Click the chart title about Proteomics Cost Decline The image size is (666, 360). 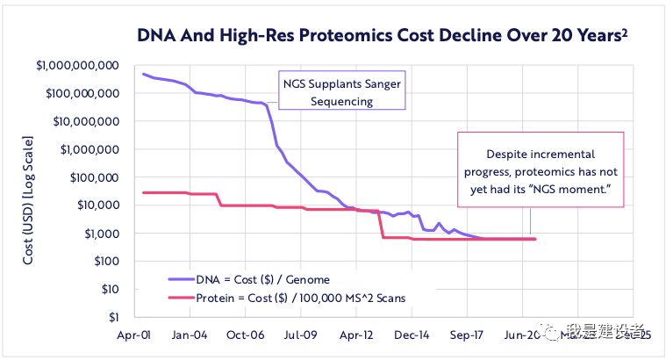pos(383,36)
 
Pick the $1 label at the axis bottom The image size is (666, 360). pos(113,317)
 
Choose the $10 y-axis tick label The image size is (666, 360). pos(109,290)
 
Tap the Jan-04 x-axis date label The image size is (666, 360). pos(189,335)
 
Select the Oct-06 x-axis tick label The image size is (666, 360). pos(245,335)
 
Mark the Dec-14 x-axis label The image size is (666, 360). pos(412,335)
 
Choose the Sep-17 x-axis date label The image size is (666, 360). pos(468,335)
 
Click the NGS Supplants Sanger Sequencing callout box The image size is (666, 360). pos(341,90)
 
